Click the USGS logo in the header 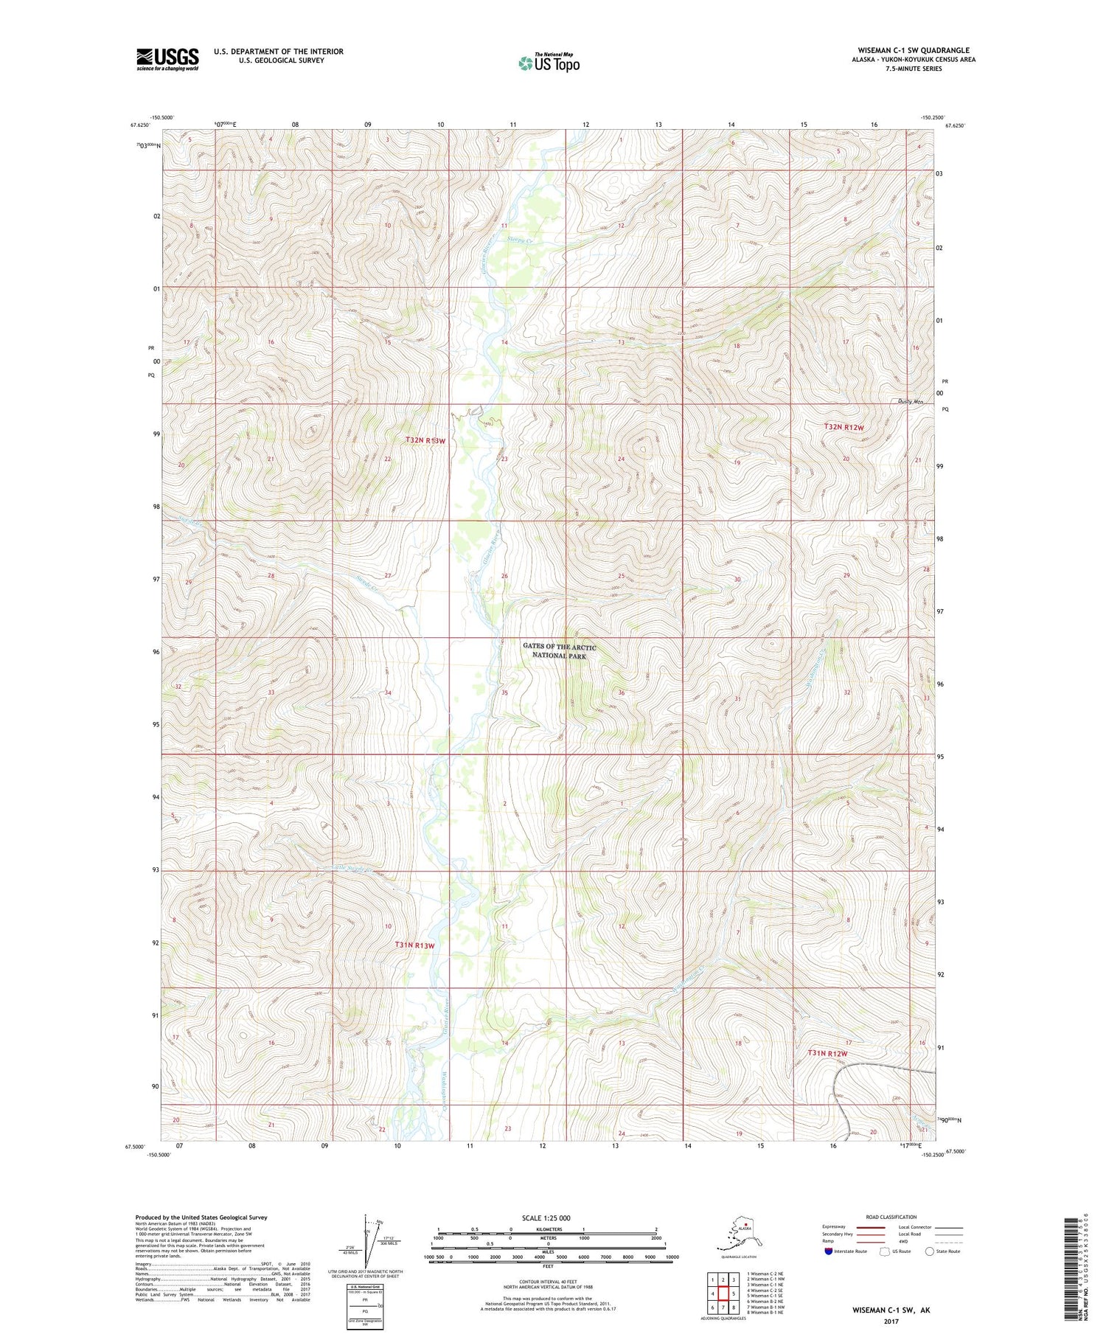coord(167,59)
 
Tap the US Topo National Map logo coord(549,62)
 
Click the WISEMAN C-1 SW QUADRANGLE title coord(913,50)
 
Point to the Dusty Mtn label coord(911,402)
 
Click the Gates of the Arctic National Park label coord(559,650)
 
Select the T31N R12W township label coord(827,1054)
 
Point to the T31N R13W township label coord(414,945)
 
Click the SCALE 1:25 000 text coord(546,1218)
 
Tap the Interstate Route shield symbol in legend coord(829,1251)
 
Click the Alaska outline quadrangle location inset coord(740,1232)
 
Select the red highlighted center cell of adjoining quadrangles coord(723,1293)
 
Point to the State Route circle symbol coord(929,1251)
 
